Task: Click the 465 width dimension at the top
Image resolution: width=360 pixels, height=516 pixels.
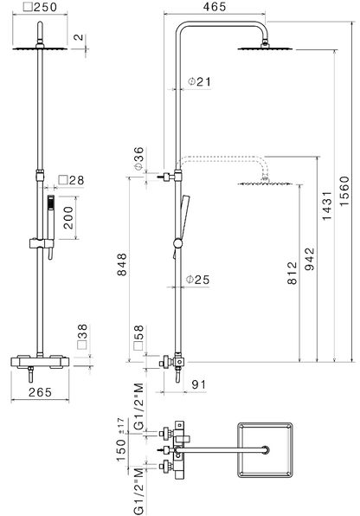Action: [215, 7]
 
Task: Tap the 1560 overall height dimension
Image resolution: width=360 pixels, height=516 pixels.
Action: [344, 191]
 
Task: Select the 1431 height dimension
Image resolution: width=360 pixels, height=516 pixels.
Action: [327, 205]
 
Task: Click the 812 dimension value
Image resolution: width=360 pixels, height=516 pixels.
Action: [292, 273]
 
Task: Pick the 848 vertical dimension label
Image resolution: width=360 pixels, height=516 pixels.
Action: [121, 264]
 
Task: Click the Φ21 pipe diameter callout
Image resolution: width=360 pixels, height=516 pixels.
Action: [199, 81]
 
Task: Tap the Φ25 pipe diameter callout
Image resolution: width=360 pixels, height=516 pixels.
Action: [198, 280]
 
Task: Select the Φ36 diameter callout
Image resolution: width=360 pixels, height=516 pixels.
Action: [138, 158]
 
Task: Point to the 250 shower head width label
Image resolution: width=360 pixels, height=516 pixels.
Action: [41, 7]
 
